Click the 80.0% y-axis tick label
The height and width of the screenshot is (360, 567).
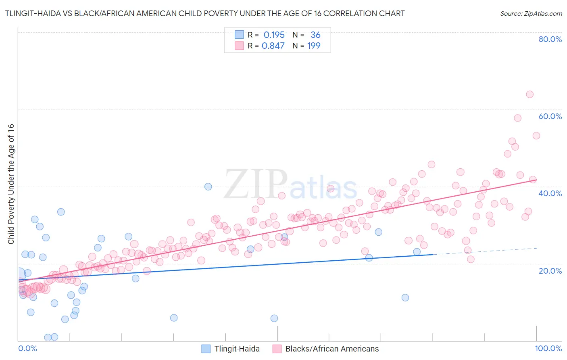pyautogui.click(x=550, y=39)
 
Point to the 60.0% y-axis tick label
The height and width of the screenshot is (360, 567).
pyautogui.click(x=550, y=116)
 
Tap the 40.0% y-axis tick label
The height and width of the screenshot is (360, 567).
pyautogui.click(x=550, y=193)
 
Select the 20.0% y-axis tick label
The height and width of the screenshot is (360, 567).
pyautogui.click(x=550, y=270)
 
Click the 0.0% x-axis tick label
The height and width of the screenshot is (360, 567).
pyautogui.click(x=27, y=349)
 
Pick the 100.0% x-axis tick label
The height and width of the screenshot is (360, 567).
pyautogui.click(x=548, y=349)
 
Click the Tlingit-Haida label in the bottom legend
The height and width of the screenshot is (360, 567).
pyautogui.click(x=237, y=349)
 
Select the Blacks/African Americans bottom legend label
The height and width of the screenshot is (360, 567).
pyautogui.click(x=332, y=349)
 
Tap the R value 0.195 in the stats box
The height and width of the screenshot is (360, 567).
pyautogui.click(x=274, y=35)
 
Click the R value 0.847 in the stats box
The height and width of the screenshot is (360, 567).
pyautogui.click(x=273, y=46)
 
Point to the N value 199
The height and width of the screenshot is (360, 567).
pyautogui.click(x=314, y=46)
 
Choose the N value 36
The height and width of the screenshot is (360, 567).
pyautogui.click(x=315, y=35)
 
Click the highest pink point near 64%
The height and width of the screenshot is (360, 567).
pyautogui.click(x=529, y=94)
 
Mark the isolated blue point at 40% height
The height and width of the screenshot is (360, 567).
pyautogui.click(x=208, y=186)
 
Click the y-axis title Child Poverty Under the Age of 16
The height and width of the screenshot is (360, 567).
pyautogui.click(x=11, y=184)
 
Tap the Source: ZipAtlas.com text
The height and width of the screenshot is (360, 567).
pyautogui.click(x=531, y=13)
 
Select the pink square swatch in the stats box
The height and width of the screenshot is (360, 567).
pyautogui.click(x=239, y=46)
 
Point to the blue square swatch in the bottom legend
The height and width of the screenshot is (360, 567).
pyautogui.click(x=206, y=349)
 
